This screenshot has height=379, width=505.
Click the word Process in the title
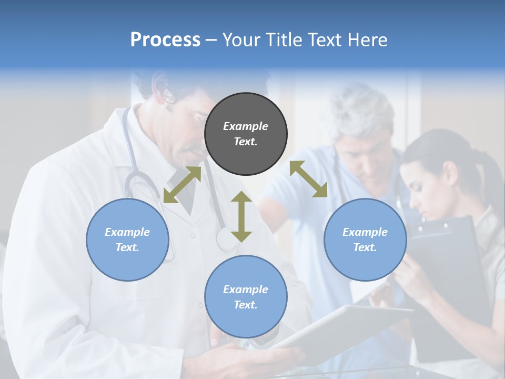click(165, 40)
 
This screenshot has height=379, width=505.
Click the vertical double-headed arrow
click(241, 216)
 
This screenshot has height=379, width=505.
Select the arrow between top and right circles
click(309, 179)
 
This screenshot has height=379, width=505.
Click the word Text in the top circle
click(245, 142)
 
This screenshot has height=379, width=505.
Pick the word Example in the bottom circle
click(246, 289)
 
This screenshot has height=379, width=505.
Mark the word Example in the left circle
click(127, 232)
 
